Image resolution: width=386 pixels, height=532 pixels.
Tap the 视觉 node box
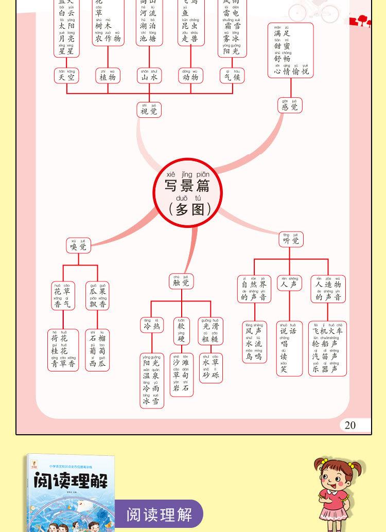pyautogui.click(x=149, y=110)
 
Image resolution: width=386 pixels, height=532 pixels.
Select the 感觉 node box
pyautogui.click(x=290, y=105)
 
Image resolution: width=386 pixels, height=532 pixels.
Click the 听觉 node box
pyautogui.click(x=291, y=239)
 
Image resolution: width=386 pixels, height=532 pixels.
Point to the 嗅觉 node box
pyautogui.click(x=79, y=245)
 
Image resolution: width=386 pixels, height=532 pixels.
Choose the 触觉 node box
pyautogui.click(x=181, y=281)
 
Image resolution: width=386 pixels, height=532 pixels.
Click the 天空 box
pyautogui.click(x=66, y=76)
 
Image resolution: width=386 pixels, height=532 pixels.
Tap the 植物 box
pyautogui.click(x=108, y=76)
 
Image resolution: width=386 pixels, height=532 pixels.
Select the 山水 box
pyautogui.click(x=149, y=76)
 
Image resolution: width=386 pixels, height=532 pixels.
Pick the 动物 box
pyautogui.click(x=190, y=76)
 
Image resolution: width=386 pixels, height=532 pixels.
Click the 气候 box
pyautogui.click(x=232, y=76)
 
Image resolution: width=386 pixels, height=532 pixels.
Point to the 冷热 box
pyautogui.click(x=152, y=325)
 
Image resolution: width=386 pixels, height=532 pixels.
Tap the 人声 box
pyautogui.click(x=289, y=283)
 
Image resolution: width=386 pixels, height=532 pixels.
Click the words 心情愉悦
pyautogui.click(x=291, y=72)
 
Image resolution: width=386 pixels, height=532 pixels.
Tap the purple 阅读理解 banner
pyautogui.click(x=159, y=514)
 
